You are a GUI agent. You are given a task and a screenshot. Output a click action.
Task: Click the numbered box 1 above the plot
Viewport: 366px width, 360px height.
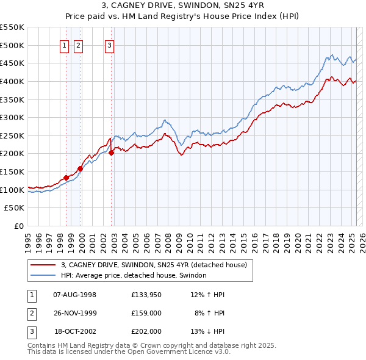pos(64,45)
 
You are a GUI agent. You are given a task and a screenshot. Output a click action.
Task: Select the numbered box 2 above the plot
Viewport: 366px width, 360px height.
pos(79,45)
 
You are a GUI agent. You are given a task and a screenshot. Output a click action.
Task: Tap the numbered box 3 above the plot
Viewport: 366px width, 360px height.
pos(109,45)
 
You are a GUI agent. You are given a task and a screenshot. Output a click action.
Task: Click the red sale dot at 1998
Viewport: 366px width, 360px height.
pos(66,178)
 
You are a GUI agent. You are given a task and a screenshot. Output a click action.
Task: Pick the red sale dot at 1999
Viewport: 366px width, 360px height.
pos(80,168)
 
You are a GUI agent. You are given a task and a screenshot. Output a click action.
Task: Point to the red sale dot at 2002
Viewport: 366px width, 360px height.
pos(111,153)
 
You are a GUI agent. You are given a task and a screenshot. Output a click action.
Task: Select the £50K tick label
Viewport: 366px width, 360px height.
pos(15,208)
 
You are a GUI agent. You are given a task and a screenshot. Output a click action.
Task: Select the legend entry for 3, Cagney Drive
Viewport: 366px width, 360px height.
pos(154,265)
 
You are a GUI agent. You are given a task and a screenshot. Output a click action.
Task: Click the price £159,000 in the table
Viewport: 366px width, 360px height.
pos(146,313)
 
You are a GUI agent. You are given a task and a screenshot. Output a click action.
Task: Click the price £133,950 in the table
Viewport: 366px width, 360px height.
pos(146,295)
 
